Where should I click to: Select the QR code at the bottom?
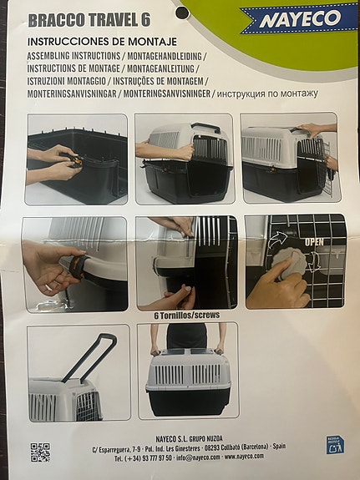(x=39, y=452)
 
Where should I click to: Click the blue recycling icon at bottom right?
(x=334, y=445)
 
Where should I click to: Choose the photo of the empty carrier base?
(x=77, y=159)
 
